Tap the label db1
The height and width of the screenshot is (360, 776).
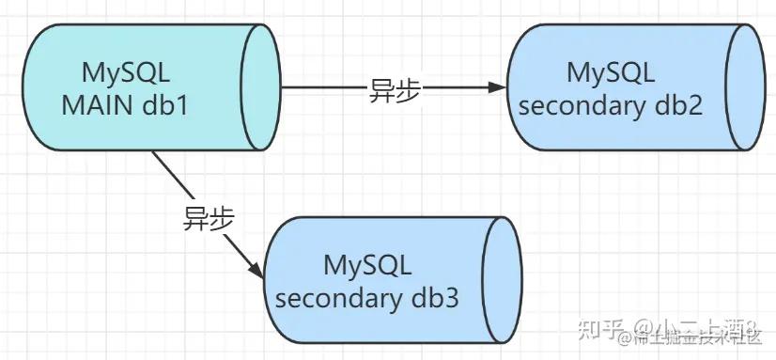pyautogui.click(x=166, y=105)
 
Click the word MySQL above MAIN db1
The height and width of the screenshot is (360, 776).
pyautogui.click(x=127, y=72)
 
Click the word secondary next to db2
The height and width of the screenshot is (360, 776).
pyautogui.click(x=577, y=104)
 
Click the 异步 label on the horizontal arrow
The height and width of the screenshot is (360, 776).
pyautogui.click(x=396, y=90)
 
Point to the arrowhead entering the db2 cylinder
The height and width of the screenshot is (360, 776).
pyautogui.click(x=497, y=89)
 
